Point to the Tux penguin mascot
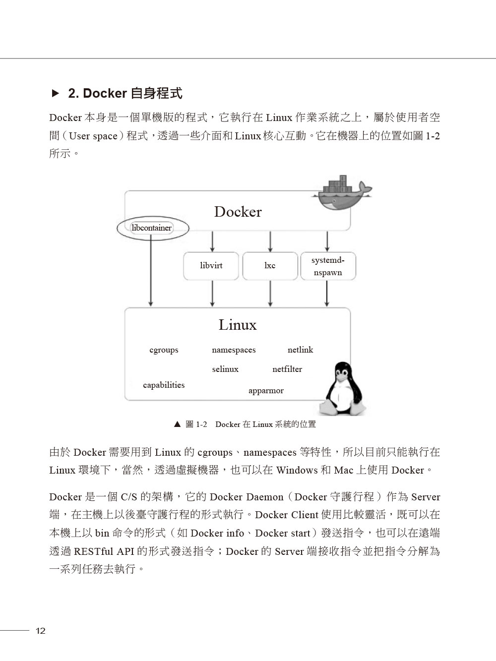point(343,388)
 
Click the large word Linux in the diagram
point(238,325)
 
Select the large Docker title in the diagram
point(238,212)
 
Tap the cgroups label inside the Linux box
point(164,350)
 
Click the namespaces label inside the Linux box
point(234,350)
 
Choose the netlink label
point(300,350)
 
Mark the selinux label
point(225,369)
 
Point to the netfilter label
point(287,369)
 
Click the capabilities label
point(164,385)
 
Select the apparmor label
point(266,391)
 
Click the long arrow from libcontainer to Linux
point(151,270)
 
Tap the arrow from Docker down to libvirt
point(212,241)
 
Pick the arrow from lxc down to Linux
point(270,294)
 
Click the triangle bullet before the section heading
point(56,93)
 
